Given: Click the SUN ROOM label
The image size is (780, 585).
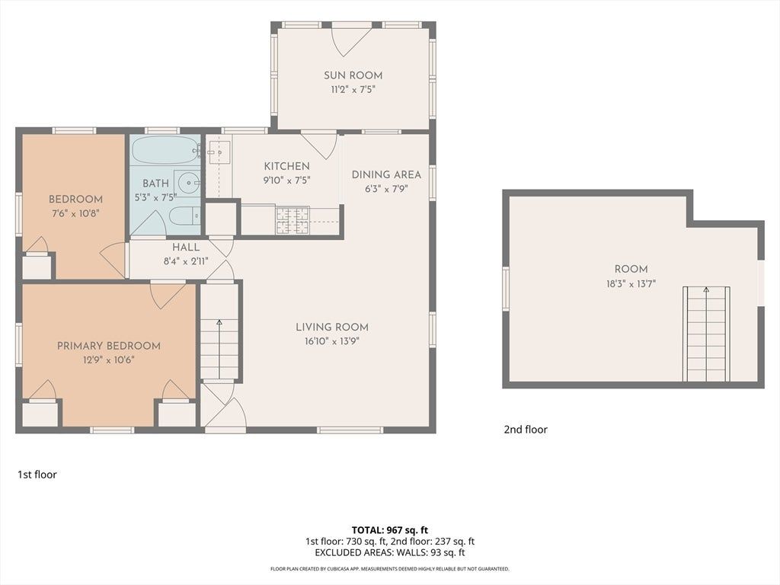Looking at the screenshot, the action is pos(353,75).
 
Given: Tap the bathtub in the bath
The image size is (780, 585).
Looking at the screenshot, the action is pos(165,150).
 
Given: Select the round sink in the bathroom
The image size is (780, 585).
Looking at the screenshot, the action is pos(189,183).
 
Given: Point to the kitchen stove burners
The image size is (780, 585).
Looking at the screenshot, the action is pos(292,220).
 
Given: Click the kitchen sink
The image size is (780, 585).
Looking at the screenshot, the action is pos(219,152).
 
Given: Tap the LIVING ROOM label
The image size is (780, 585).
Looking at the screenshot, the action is pos(332,327).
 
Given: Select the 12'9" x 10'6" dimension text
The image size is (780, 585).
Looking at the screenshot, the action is pos(109,360).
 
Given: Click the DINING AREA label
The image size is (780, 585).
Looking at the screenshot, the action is pos(386,174).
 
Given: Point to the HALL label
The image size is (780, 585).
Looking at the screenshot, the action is pos(186,248).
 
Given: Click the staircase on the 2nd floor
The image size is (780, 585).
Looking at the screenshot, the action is pos(706,334).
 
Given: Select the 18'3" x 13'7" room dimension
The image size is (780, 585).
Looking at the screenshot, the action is pos(631,284).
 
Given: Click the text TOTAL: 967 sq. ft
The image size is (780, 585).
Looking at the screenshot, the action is pos(389,530).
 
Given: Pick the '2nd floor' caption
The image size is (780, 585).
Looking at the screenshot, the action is pos(526,430).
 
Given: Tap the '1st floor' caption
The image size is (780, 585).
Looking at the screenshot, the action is pos(37,475).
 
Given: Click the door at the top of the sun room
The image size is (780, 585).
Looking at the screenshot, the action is pos(352,40).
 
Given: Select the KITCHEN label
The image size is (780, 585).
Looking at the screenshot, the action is pos(286,166).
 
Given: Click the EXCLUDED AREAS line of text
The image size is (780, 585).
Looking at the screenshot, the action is pos(389,552).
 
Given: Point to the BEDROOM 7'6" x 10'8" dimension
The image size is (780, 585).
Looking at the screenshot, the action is pos(75,213).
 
